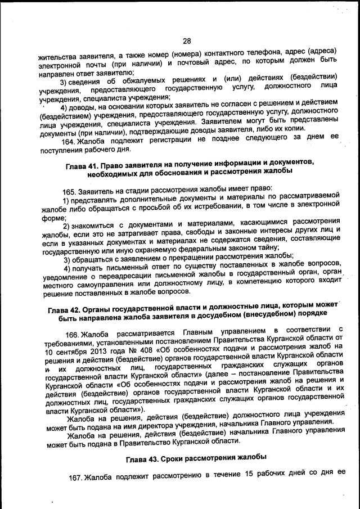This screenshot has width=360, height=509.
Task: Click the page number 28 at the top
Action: tap(187, 40)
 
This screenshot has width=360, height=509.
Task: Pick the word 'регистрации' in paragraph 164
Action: tap(165, 141)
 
